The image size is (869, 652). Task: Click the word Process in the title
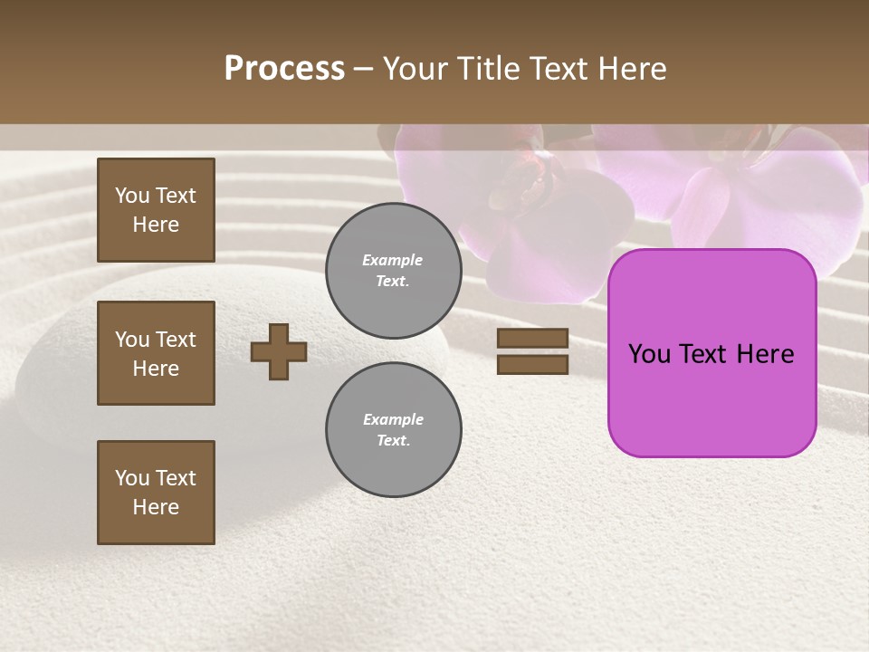click(284, 68)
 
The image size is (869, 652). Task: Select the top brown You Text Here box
click(156, 210)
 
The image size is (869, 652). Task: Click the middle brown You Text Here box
click(156, 353)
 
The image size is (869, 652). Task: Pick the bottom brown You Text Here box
click(156, 493)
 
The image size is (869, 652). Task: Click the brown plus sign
click(279, 351)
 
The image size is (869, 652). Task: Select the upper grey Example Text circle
click(393, 271)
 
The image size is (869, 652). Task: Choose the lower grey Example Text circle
click(393, 430)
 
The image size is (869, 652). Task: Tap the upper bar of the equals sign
click(532, 338)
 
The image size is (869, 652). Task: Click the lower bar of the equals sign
click(532, 364)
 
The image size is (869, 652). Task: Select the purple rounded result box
click(711, 398)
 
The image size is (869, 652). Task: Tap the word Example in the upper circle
click(393, 261)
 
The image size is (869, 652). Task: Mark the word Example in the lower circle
click(393, 419)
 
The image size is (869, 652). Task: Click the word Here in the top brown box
click(156, 225)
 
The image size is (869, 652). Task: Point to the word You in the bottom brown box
click(132, 478)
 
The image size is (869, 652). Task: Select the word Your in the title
click(415, 69)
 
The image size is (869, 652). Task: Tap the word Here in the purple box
click(766, 354)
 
